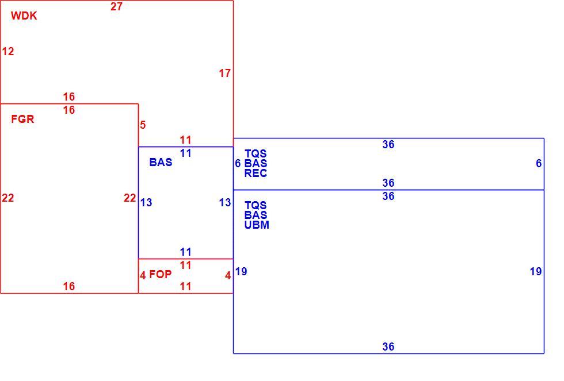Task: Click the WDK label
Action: pyautogui.click(x=24, y=16)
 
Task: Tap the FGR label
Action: pyautogui.click(x=22, y=119)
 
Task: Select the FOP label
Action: pyautogui.click(x=161, y=274)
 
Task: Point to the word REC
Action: pyautogui.click(x=256, y=174)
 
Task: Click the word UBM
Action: pyautogui.click(x=257, y=225)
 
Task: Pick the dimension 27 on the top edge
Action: pyautogui.click(x=116, y=7)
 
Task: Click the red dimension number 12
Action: pyautogui.click(x=8, y=52)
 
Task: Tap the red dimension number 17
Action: pyautogui.click(x=225, y=74)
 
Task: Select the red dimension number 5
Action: pyautogui.click(x=143, y=125)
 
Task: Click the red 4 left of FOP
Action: pyautogui.click(x=143, y=275)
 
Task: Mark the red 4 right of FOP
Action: pyautogui.click(x=228, y=275)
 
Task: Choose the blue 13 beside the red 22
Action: pyautogui.click(x=146, y=203)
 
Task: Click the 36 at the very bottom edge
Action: pyautogui.click(x=388, y=347)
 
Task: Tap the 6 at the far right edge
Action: pyautogui.click(x=539, y=164)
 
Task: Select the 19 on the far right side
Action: pyautogui.click(x=536, y=272)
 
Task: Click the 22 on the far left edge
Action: pyautogui.click(x=8, y=198)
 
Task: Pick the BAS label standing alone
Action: pyautogui.click(x=161, y=162)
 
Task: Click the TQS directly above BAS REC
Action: pyautogui.click(x=256, y=153)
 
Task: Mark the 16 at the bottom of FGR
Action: pyautogui.click(x=69, y=287)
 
